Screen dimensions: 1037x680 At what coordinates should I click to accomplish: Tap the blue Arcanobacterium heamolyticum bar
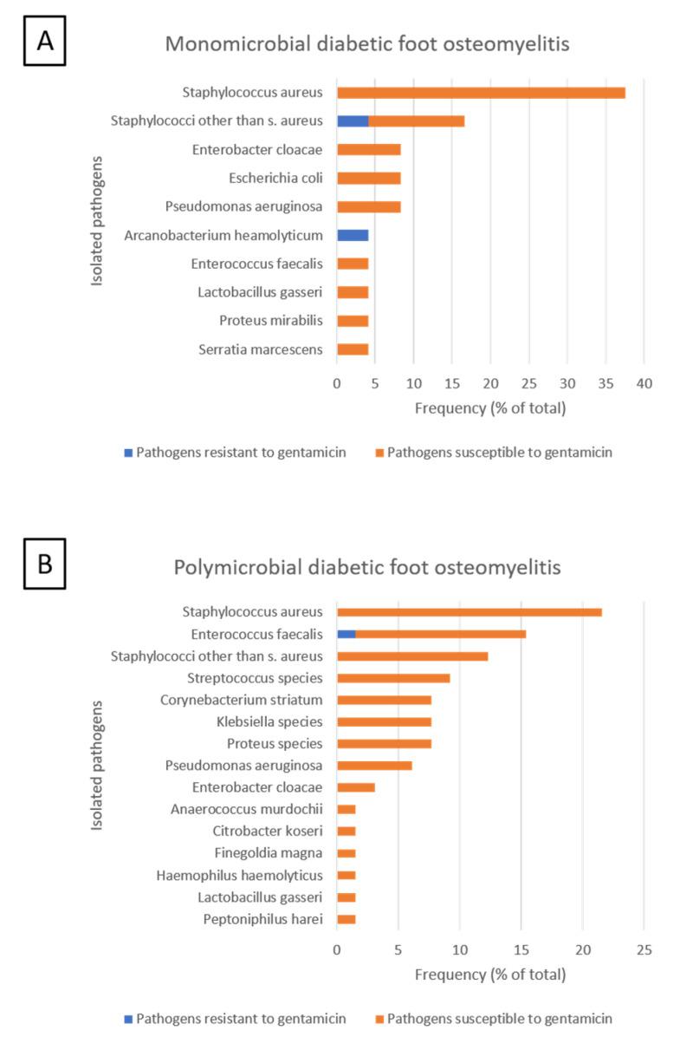pyautogui.click(x=353, y=235)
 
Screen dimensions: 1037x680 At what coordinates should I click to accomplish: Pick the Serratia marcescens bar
pyautogui.click(x=353, y=349)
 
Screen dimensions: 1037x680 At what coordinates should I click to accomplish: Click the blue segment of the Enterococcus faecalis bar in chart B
pyautogui.click(x=346, y=634)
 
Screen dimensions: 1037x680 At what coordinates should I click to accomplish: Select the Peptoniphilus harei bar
pyautogui.click(x=346, y=919)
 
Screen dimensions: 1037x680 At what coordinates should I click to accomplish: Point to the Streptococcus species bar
pyautogui.click(x=393, y=678)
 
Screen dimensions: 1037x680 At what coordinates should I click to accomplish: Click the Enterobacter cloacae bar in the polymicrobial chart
pyautogui.click(x=355, y=787)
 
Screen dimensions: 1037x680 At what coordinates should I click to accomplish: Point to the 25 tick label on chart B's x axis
pyautogui.click(x=644, y=950)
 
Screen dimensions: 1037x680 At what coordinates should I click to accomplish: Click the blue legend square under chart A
pyautogui.click(x=128, y=453)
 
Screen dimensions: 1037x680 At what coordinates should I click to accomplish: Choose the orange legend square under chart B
pyautogui.click(x=379, y=1018)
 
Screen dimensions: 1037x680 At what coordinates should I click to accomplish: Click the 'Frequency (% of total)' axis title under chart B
pyautogui.click(x=489, y=975)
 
